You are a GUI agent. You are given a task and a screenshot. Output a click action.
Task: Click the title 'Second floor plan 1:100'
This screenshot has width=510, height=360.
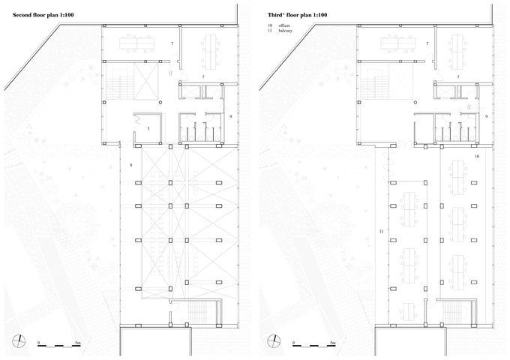43,15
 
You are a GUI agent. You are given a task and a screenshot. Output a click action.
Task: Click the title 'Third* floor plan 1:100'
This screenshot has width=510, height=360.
297,15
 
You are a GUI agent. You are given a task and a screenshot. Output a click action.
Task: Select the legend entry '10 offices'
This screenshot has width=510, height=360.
279,25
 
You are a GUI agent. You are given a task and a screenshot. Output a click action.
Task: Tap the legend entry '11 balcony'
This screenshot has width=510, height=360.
280,31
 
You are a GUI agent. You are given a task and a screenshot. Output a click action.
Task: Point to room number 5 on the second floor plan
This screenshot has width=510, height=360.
148,129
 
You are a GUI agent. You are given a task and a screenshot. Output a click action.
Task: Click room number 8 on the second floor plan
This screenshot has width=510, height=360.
131,165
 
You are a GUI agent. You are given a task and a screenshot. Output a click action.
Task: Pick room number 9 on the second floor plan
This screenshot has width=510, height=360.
230,116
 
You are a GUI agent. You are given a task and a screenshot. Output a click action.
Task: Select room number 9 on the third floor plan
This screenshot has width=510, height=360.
486,116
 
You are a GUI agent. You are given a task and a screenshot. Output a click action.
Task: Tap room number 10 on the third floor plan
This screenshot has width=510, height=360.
477,157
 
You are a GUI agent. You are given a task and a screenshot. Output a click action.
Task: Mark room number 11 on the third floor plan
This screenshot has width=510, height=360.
381,232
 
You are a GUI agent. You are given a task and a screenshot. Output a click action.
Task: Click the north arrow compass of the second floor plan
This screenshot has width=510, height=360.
19,341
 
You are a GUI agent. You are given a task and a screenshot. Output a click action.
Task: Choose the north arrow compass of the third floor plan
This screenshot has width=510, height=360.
274,341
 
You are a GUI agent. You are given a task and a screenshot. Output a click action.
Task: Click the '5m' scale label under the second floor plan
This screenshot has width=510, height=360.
78,343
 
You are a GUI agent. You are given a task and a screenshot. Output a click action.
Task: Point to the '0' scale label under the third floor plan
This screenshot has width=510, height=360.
294,343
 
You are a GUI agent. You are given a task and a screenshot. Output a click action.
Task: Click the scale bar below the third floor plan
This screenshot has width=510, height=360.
314,346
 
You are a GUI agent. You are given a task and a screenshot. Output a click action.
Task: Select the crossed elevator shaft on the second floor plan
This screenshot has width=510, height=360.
146,81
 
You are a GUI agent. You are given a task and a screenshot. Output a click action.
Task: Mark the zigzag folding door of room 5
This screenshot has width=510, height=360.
137,118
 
